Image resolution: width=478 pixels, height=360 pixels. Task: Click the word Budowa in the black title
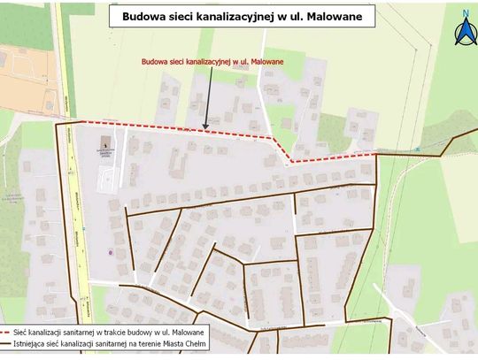[x=142, y=15]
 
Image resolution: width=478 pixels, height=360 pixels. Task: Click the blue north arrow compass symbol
[x=464, y=32]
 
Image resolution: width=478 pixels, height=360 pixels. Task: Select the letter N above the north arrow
[x=465, y=12]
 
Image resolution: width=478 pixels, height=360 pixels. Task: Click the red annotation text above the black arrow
[x=212, y=62]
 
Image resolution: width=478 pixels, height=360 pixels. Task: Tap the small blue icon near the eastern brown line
[x=417, y=150]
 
